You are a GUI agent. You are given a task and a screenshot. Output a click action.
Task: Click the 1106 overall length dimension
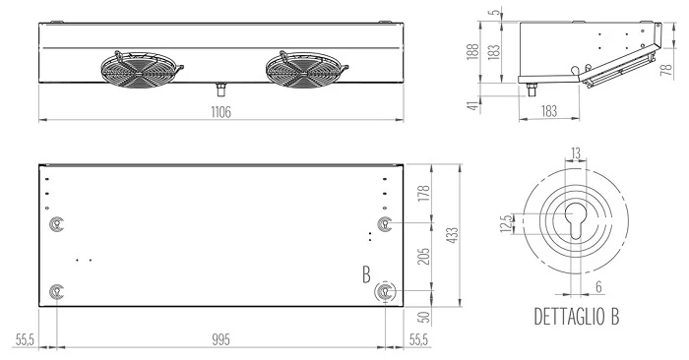point(220,112)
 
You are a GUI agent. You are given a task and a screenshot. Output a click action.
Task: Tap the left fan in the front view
point(141,70)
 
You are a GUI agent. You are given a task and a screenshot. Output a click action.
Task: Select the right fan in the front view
point(306,70)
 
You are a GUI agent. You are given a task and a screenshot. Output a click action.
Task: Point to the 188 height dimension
point(472,52)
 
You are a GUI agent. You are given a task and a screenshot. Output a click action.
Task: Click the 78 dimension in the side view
point(667,70)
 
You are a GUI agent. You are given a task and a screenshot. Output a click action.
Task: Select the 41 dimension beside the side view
point(472,105)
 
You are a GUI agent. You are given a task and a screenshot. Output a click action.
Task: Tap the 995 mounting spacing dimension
point(220,339)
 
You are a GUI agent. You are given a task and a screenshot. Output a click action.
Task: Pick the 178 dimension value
point(424,194)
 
